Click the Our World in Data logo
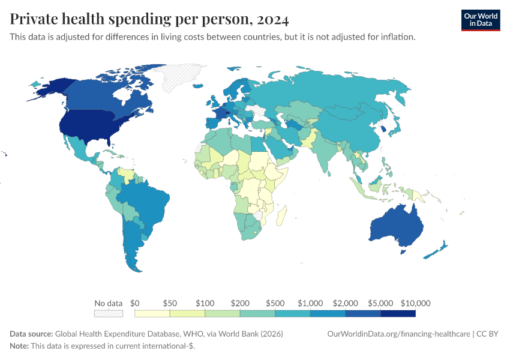coord(480,20)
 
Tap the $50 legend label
coord(170,303)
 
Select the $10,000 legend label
coord(416,303)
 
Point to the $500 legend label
coord(275,303)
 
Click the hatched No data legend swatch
coord(109,313)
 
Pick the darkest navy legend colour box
coord(398,313)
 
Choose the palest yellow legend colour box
coord(152,313)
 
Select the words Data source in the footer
coord(31,334)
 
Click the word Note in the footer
coord(19,346)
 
